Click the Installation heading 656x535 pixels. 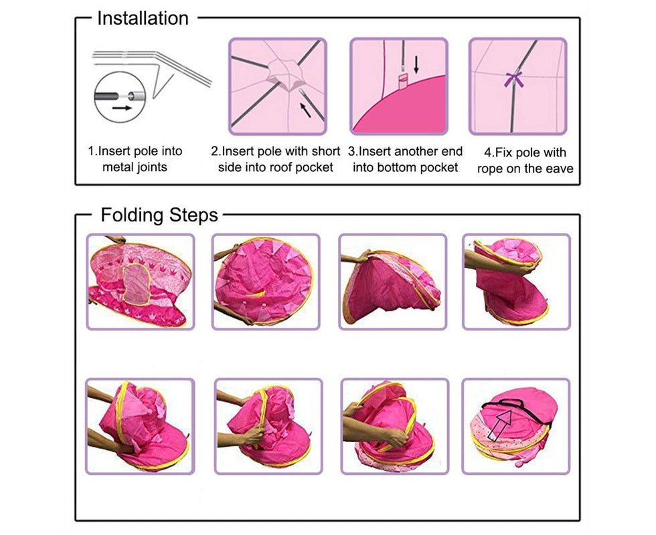pos(143,19)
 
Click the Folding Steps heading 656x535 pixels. pos(159,215)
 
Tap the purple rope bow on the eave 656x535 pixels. pos(514,79)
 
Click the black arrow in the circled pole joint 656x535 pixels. pos(122,108)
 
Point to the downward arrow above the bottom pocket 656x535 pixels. pos(416,64)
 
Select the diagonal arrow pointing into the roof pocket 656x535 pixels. pos(306,110)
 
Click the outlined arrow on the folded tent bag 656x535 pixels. pos(501,424)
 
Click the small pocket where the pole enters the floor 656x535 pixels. pos(403,81)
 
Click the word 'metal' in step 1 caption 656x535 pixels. pos(116,167)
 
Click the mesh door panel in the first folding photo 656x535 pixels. pos(137,285)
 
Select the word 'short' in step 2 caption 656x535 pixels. pos(325,151)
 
